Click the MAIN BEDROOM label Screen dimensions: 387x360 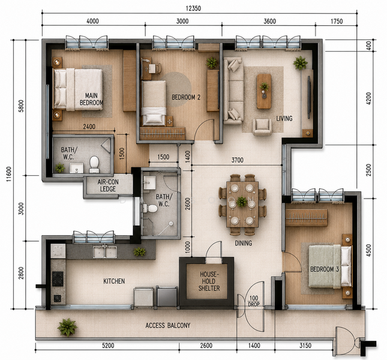[91, 99]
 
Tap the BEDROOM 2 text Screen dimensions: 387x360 [186, 97]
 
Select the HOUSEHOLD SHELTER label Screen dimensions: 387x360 [209, 281]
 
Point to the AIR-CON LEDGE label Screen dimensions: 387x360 [108, 185]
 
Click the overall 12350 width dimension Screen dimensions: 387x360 [193, 8]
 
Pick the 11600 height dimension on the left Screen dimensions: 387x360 [9, 174]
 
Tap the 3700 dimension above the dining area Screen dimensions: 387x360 [238, 160]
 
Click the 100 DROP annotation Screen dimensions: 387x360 [254, 301]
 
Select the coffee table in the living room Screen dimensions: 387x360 [264, 92]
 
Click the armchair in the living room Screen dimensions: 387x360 [262, 127]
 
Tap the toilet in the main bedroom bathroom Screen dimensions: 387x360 [94, 164]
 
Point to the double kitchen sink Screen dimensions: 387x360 [105, 251]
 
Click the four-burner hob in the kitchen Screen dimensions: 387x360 [58, 278]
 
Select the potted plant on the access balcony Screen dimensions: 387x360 [67, 327]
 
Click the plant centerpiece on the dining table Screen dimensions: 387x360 [242, 202]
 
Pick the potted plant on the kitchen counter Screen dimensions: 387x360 [139, 251]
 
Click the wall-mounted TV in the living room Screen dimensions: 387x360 [309, 97]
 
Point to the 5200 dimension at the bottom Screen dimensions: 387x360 [108, 346]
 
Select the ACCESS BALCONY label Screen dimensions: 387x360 [168, 325]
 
